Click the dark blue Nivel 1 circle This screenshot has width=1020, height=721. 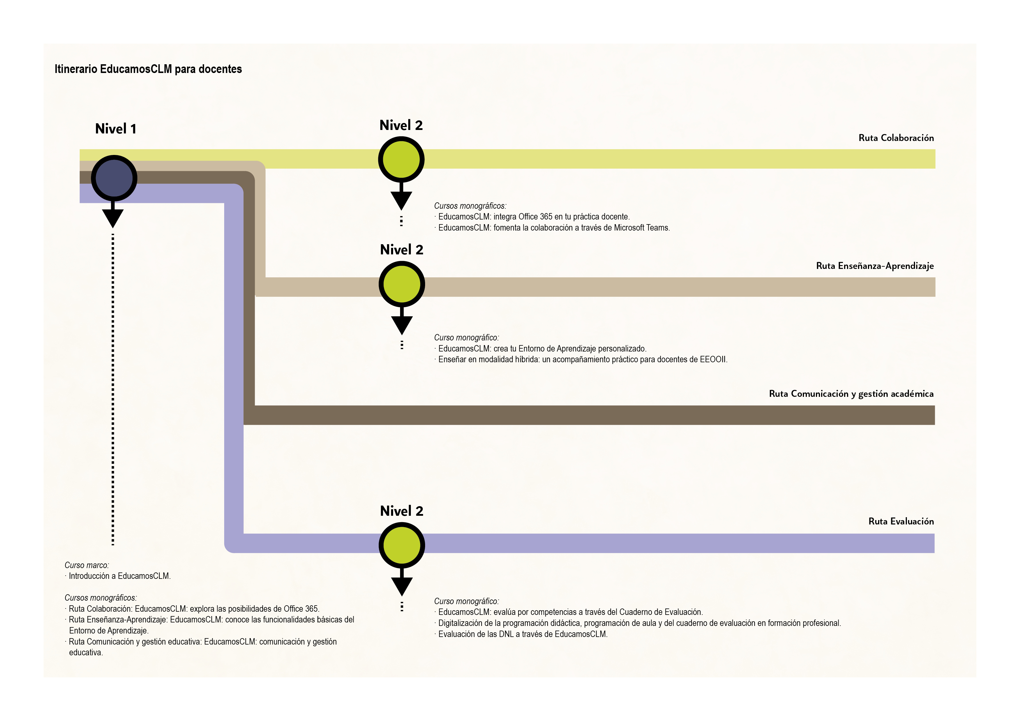114,178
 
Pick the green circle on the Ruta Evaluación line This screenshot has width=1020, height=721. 402,545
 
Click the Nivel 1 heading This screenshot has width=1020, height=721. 115,129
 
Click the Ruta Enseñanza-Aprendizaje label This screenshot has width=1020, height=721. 874,266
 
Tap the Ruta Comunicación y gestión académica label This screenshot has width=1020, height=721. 851,394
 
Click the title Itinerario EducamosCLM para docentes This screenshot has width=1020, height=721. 148,69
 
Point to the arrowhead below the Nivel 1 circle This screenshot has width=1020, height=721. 113,218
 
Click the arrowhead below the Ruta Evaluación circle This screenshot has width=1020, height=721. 402,586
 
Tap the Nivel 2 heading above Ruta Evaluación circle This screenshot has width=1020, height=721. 402,511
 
